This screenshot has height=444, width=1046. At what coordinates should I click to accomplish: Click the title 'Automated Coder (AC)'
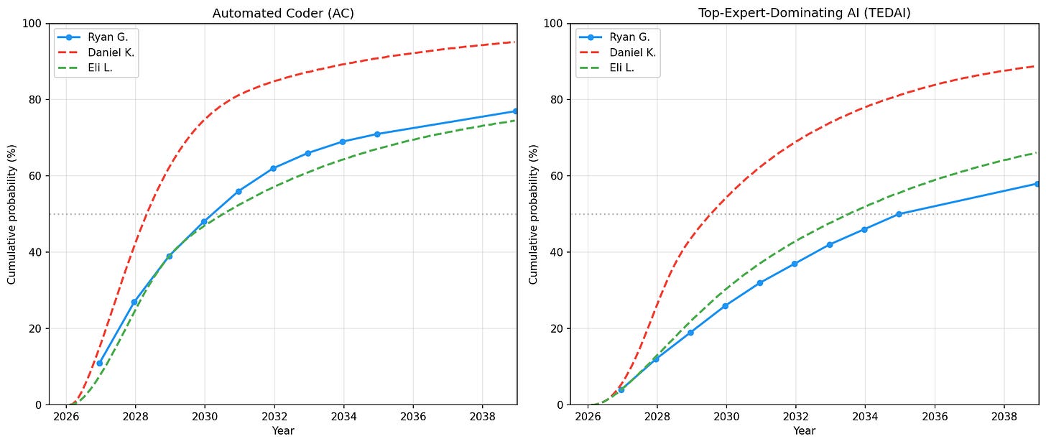tap(283, 13)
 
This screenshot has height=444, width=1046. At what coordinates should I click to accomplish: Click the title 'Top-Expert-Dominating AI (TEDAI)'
tap(805, 13)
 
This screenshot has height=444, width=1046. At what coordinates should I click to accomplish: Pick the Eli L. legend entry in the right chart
tap(623, 68)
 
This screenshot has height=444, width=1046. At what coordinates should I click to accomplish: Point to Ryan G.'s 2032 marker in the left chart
tap(274, 168)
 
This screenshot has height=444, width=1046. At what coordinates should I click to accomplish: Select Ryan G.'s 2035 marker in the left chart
tap(377, 134)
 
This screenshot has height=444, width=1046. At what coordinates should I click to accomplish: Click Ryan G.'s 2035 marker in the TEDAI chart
tap(899, 214)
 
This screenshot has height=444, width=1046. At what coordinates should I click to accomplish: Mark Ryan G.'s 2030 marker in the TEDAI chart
tap(726, 306)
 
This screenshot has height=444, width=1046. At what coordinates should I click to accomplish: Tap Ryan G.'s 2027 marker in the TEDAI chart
tap(621, 389)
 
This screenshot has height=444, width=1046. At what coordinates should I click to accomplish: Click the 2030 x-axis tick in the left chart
tap(204, 417)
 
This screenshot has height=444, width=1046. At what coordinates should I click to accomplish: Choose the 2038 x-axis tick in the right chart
tap(1004, 417)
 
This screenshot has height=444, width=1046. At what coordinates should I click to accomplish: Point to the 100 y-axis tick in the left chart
tap(33, 24)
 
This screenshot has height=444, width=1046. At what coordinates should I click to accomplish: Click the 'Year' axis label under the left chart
tap(283, 431)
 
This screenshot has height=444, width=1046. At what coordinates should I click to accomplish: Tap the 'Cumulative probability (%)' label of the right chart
tap(533, 214)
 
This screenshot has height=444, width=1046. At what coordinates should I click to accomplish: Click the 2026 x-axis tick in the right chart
tap(588, 417)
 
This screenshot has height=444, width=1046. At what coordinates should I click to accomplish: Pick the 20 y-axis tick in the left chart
tap(36, 329)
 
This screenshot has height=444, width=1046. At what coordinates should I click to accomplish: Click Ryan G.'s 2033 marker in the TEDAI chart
tap(830, 245)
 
